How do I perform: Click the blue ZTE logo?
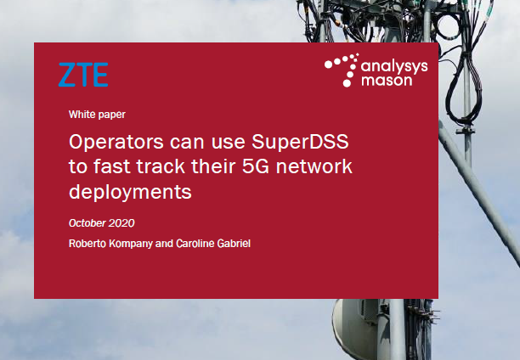pyautogui.click(x=83, y=75)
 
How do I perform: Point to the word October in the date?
pyautogui.click(x=88, y=223)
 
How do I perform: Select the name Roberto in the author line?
pyautogui.click(x=89, y=245)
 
